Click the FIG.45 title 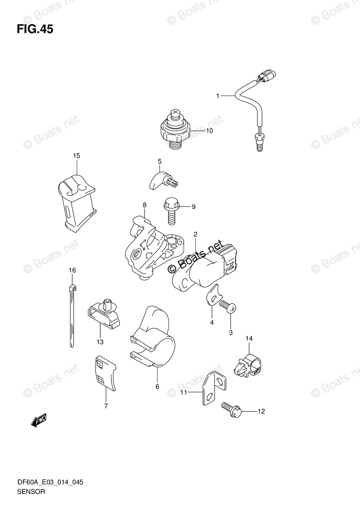[35, 29]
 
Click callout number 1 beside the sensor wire [218, 96]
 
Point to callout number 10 [209, 131]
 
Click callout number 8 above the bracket [144, 205]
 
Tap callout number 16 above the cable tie [72, 270]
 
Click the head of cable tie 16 [72, 290]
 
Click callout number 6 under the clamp [157, 386]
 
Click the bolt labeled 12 [232, 410]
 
